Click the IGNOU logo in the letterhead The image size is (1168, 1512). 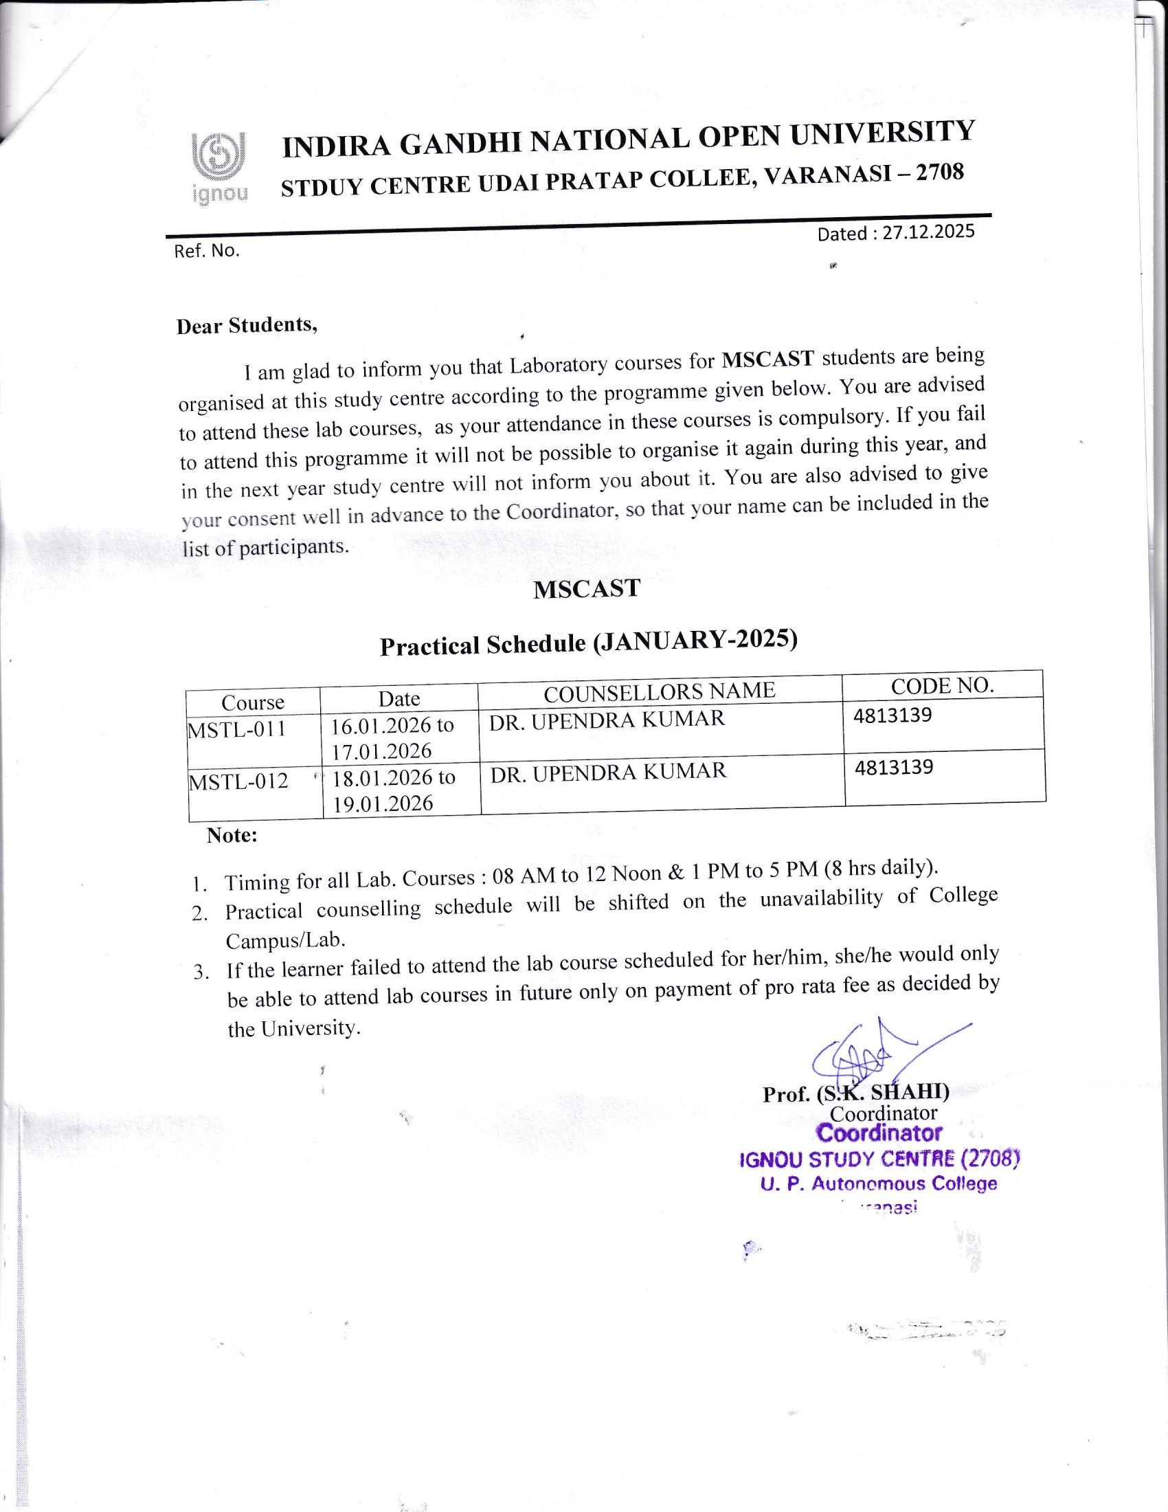[219, 168]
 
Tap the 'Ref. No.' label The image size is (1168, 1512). [206, 251]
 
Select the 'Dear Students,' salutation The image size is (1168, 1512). [247, 324]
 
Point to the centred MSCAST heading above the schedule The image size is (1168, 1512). [587, 588]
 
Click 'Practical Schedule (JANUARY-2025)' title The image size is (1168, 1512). [588, 642]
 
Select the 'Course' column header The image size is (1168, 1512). [253, 702]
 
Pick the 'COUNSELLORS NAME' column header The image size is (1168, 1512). [659, 691]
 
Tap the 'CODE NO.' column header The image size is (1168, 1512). [942, 685]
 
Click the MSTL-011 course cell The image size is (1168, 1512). [236, 729]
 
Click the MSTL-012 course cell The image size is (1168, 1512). [238, 781]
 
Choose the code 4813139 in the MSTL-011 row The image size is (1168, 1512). [892, 715]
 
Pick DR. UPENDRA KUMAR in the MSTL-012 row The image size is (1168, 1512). [608, 772]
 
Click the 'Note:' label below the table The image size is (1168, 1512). [232, 836]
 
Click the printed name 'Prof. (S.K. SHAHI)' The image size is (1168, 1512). [855, 1093]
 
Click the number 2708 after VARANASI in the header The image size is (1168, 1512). [939, 173]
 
